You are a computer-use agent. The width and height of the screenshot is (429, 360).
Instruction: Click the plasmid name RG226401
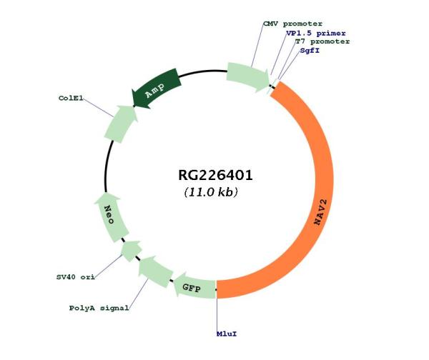pos(215,176)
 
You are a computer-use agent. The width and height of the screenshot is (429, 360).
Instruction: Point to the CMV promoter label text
pos(292,24)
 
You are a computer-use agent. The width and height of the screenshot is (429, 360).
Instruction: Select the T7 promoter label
pos(322,41)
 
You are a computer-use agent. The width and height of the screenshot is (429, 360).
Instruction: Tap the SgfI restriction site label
pos(309,51)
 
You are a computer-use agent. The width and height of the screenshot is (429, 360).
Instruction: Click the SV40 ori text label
pos(75,276)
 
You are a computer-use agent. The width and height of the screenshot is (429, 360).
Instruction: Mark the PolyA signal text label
pos(99,309)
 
